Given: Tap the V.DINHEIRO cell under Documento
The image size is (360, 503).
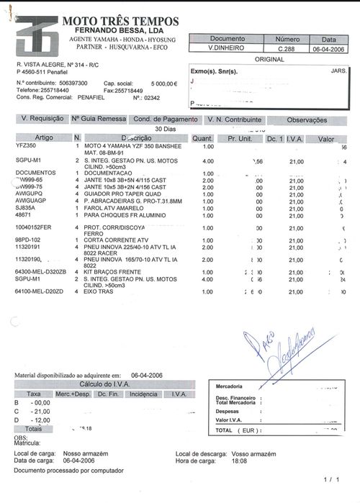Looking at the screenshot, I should coord(226,47).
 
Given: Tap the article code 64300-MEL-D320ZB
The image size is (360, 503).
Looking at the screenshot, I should coord(40,272).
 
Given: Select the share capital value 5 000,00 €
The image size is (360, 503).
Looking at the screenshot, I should coord(163,83).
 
